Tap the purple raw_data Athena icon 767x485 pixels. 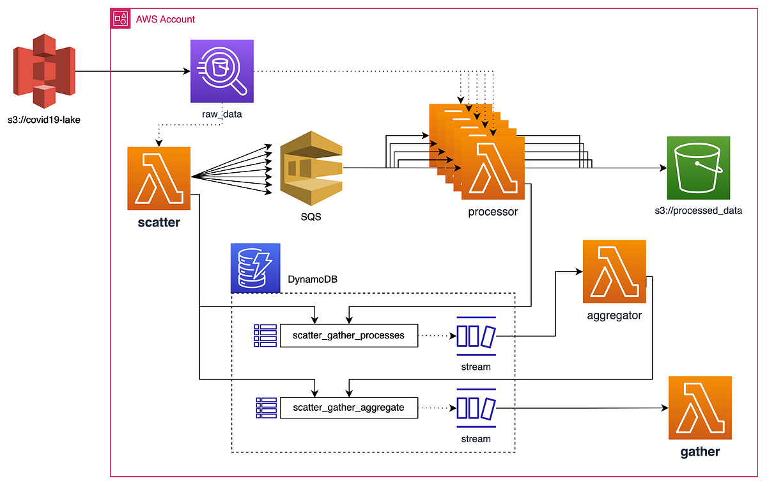coord(222,71)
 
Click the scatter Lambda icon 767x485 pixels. coord(159,179)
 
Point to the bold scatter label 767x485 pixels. coord(159,225)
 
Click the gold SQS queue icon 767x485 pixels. coord(311,167)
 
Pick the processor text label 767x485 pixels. coord(493,212)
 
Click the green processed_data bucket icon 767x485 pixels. coord(698,168)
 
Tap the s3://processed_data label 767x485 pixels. coord(698,210)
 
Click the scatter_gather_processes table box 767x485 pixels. coord(348,335)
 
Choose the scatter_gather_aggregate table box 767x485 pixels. coord(348,407)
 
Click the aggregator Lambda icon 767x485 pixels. coord(614,271)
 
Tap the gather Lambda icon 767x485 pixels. coord(700,408)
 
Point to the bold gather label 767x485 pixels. coord(700,452)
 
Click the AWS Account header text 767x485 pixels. coord(166,19)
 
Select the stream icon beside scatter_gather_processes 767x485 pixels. coord(476,335)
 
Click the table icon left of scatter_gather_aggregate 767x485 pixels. coord(265,407)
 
